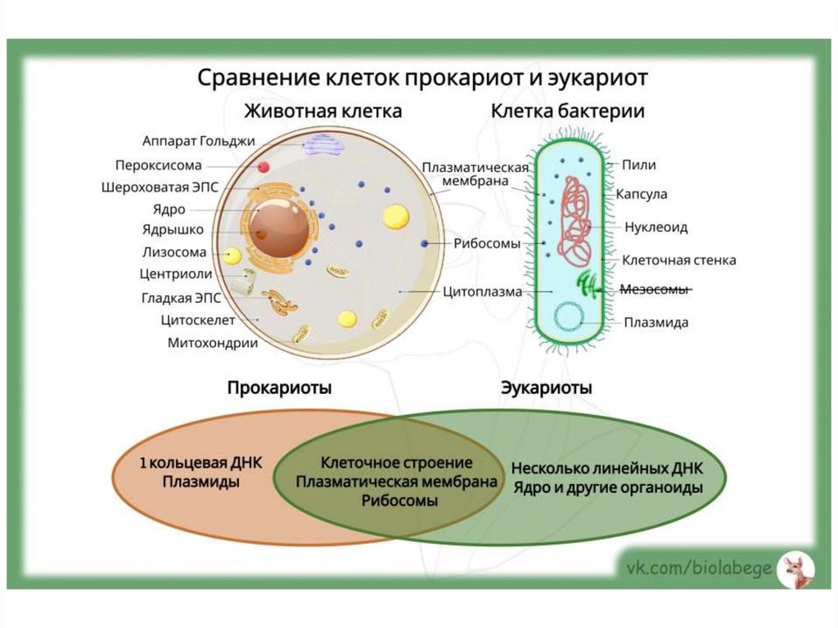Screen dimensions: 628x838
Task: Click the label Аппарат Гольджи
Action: click(199, 141)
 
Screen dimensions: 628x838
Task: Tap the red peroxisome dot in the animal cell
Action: click(264, 167)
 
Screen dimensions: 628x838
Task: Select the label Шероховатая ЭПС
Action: click(160, 187)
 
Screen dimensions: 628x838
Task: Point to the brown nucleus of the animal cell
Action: click(279, 228)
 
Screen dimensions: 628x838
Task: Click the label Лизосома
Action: click(174, 252)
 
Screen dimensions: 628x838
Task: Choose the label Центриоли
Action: click(176, 274)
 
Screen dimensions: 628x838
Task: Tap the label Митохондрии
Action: click(213, 343)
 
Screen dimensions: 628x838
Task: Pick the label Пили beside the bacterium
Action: click(638, 165)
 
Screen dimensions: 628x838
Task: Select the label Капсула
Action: click(647, 195)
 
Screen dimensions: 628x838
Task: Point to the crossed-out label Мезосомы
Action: click(655, 289)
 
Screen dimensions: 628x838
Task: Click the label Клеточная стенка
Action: click(678, 260)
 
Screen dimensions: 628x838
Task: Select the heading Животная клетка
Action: click(322, 111)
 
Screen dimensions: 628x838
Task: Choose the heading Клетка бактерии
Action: click(567, 111)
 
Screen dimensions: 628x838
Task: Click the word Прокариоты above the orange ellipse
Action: click(279, 388)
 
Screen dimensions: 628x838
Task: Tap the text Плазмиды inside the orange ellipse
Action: click(200, 482)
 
